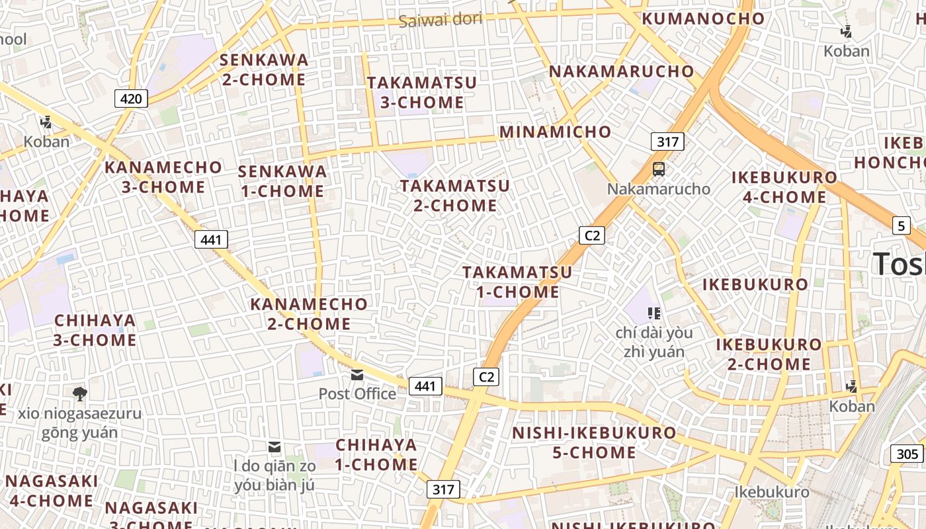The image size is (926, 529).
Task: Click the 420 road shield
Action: [131, 99]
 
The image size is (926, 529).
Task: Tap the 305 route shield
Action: [907, 454]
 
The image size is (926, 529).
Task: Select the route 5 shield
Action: [901, 225]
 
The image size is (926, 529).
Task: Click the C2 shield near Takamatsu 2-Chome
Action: [592, 235]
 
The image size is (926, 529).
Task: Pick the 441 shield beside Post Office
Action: [425, 386]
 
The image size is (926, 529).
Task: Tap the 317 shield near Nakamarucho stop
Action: [667, 142]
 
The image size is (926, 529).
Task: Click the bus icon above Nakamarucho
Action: [659, 169]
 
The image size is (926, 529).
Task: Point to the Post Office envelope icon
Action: [357, 375]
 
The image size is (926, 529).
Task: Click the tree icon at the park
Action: [80, 394]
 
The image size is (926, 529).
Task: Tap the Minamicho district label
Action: [555, 132]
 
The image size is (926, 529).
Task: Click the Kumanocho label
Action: [703, 19]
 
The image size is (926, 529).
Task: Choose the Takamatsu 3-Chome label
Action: [422, 93]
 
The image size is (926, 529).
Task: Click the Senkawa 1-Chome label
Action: [282, 181]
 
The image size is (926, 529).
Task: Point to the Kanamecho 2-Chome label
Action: [309, 313]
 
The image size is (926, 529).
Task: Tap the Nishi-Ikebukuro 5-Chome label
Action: [595, 442]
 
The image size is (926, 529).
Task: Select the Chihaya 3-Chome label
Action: [95, 330]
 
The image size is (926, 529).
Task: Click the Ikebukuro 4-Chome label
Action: [784, 187]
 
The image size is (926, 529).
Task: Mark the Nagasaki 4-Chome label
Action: [52, 491]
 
